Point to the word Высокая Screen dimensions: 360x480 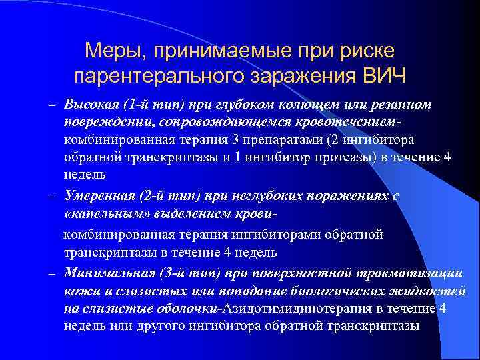coord(91,105)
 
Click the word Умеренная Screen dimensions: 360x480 coord(99,196)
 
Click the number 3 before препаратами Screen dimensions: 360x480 coord(255,140)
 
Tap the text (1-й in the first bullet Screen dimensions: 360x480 coord(137,105)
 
